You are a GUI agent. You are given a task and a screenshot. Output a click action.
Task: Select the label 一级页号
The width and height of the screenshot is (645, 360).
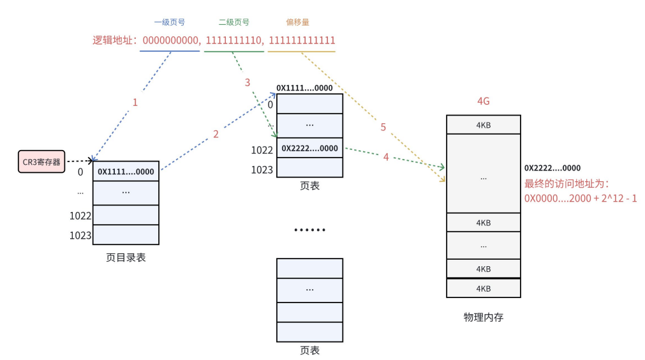point(170,22)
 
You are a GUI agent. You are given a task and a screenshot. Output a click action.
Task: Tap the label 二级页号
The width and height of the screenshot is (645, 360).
point(234,22)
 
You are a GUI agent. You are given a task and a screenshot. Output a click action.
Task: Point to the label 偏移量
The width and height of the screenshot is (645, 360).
point(297,22)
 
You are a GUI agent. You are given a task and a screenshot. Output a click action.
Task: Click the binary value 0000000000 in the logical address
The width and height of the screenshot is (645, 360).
point(170,40)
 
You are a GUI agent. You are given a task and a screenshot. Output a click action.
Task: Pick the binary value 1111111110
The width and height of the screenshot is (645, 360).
point(234,40)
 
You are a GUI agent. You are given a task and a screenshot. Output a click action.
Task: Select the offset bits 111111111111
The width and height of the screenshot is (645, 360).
point(302,40)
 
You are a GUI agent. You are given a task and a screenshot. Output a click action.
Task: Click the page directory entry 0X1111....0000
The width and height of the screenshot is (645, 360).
point(126,172)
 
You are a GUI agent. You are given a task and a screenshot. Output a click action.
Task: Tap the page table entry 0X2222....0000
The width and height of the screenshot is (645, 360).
point(309,148)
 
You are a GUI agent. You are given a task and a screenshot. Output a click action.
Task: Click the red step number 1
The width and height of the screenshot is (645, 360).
point(135,101)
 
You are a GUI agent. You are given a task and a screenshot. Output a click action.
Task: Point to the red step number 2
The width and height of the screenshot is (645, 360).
point(216,134)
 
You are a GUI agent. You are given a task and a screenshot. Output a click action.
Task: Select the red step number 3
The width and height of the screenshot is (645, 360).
point(248,83)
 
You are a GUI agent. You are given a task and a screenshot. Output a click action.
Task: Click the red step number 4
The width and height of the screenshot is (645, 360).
point(386,156)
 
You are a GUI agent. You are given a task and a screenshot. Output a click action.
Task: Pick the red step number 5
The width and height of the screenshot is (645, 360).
point(383,127)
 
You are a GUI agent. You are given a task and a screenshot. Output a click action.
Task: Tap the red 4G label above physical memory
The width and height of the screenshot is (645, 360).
point(483,101)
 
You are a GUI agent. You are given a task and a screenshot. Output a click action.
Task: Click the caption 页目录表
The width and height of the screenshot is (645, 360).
point(126,258)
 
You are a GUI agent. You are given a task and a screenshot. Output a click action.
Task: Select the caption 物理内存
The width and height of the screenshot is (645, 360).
point(483,317)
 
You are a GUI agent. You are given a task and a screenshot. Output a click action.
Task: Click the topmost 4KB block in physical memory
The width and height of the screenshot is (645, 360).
point(483,124)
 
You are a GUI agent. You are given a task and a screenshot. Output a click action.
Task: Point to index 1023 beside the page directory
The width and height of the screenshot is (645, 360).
point(80,236)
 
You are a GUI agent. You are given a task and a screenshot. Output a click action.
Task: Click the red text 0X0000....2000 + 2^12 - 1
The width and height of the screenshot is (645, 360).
point(581,199)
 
